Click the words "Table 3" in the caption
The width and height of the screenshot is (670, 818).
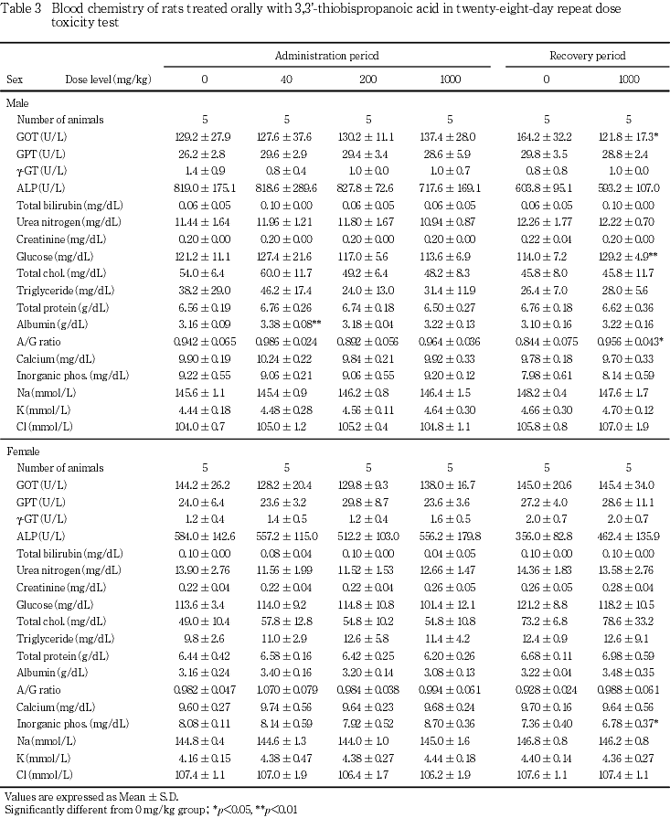click(22, 7)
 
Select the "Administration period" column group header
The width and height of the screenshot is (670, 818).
click(326, 56)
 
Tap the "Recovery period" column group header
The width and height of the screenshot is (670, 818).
click(587, 56)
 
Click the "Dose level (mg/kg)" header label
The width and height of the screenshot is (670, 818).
click(108, 80)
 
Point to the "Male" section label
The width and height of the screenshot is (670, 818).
click(17, 102)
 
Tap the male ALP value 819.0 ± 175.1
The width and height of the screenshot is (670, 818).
click(205, 186)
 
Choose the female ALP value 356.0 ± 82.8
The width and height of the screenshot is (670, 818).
click(547, 536)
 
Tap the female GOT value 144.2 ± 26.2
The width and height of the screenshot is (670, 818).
click(205, 484)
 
